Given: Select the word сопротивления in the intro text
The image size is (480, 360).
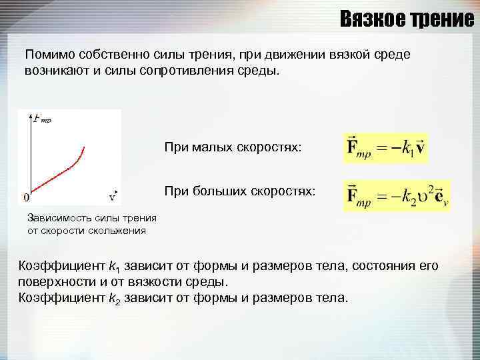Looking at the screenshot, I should (x=184, y=69).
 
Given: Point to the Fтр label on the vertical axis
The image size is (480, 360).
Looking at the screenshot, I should (x=41, y=119).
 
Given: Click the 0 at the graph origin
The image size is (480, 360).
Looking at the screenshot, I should (x=26, y=197).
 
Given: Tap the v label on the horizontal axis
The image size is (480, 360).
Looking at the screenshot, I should (x=113, y=197).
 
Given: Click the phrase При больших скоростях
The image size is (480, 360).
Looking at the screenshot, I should (x=240, y=192).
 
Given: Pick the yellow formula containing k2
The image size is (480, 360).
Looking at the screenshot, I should (x=396, y=195).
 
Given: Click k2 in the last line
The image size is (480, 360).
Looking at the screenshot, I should (x=114, y=298).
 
